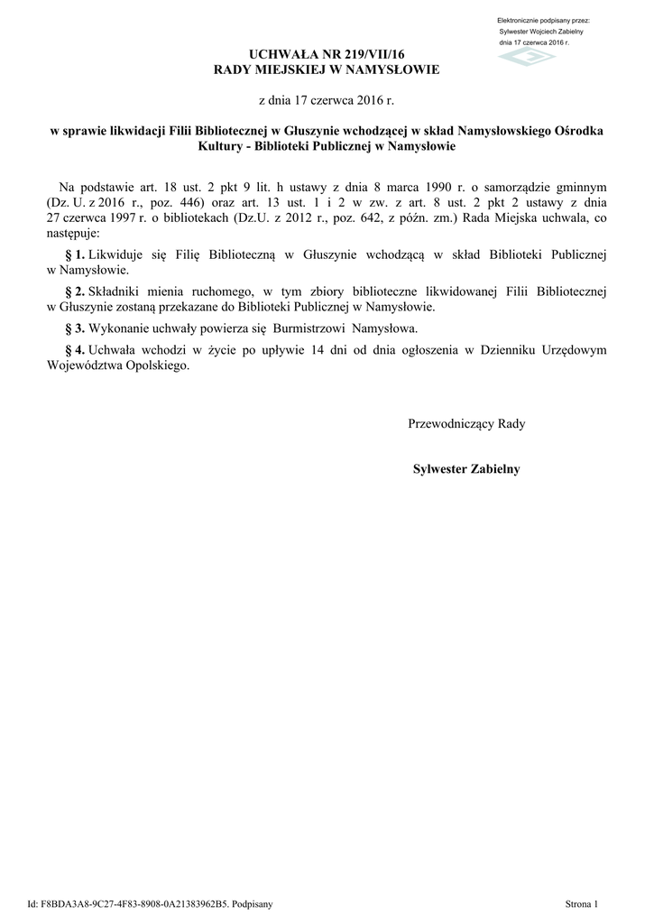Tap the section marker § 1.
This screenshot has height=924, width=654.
(75, 255)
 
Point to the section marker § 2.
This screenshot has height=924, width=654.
(75, 291)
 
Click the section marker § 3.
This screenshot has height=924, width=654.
(75, 328)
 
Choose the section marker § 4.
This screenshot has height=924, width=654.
(75, 349)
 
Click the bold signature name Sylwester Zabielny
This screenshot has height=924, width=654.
(466, 468)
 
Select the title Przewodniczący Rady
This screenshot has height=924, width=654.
(466, 423)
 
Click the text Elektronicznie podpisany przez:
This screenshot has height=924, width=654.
(543, 20)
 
